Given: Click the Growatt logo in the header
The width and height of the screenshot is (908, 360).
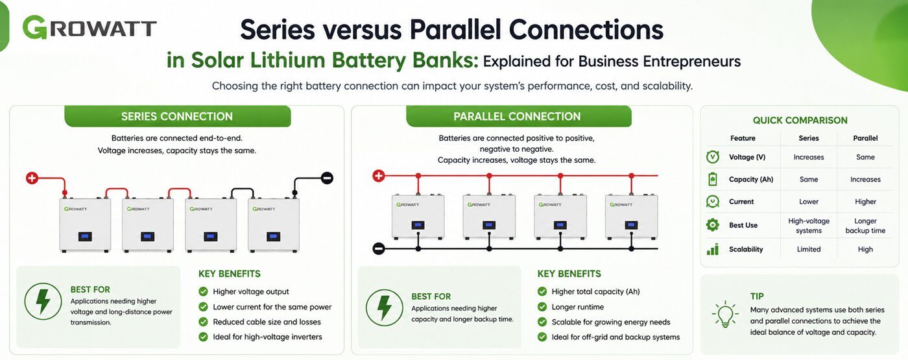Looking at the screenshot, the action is pos(90,27).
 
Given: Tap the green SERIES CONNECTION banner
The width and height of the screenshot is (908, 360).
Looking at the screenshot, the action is pos(178,116).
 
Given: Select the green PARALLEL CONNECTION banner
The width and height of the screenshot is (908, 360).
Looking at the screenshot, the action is pos(518,116).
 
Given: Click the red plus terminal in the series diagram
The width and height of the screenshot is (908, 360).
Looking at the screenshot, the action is pos(32,178).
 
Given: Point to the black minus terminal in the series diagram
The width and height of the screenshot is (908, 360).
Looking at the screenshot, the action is pos(327,178).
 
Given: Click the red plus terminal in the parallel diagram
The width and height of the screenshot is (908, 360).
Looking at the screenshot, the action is pos(379,176).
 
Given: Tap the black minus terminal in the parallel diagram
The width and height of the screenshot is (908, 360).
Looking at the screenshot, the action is pos(379,248).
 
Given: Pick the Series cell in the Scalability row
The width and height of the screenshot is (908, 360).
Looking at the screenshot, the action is pos(809,249).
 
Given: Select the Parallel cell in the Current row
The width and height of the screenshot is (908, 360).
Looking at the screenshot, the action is pos(865,202).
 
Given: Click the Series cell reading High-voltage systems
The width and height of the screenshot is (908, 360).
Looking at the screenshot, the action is pos(809,226).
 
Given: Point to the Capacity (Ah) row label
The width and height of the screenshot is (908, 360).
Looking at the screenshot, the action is pos(751,179).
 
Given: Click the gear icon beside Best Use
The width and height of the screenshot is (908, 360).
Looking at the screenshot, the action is pos(713,224).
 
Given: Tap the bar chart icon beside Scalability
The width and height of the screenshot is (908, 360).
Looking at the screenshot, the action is pos(713,249).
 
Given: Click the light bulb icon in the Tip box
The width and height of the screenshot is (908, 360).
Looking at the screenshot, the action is pos(725,314).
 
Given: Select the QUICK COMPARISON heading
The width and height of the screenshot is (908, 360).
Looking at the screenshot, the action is pos(800,121).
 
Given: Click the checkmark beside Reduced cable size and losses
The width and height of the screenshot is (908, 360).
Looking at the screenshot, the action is pos(203,322).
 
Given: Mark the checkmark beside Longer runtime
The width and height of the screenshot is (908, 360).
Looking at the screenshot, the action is pos(542,307).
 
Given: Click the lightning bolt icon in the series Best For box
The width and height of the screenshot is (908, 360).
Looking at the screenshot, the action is pos(43,302).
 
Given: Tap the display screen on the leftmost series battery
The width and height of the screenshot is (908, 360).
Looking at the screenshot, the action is pos(85,237).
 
